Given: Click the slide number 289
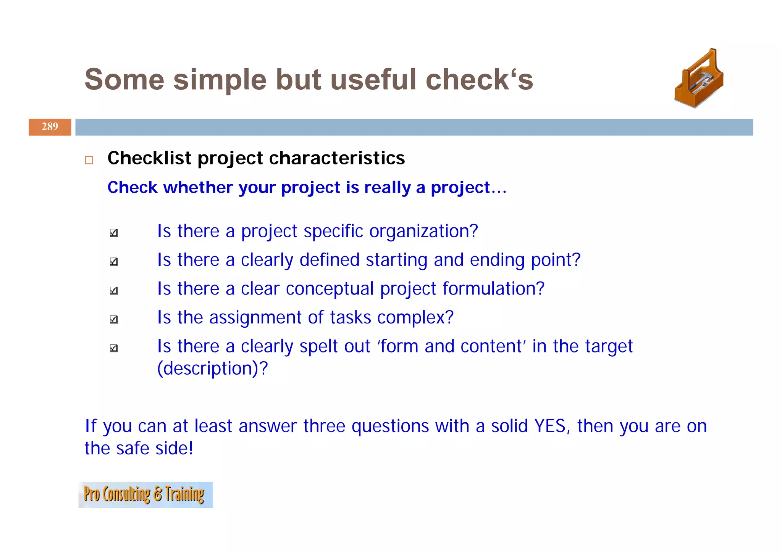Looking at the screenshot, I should tap(50, 127).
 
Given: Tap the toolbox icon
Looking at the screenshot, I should tap(699, 79).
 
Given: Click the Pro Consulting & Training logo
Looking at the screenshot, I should tap(145, 494).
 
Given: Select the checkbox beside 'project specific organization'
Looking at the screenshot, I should tap(114, 233).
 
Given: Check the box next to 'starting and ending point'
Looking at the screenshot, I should tap(114, 261).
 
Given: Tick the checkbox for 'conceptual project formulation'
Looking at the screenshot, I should tap(114, 290).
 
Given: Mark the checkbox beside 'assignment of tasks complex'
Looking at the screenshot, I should tap(114, 319).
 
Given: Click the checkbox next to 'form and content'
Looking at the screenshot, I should tap(114, 348).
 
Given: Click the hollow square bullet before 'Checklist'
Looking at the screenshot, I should tap(89, 160).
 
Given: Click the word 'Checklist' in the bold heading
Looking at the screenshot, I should tap(149, 158).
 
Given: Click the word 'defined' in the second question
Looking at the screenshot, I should tap(329, 260).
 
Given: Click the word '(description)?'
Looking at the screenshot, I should tap(212, 369).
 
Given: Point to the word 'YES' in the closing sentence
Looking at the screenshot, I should tap(550, 426).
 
